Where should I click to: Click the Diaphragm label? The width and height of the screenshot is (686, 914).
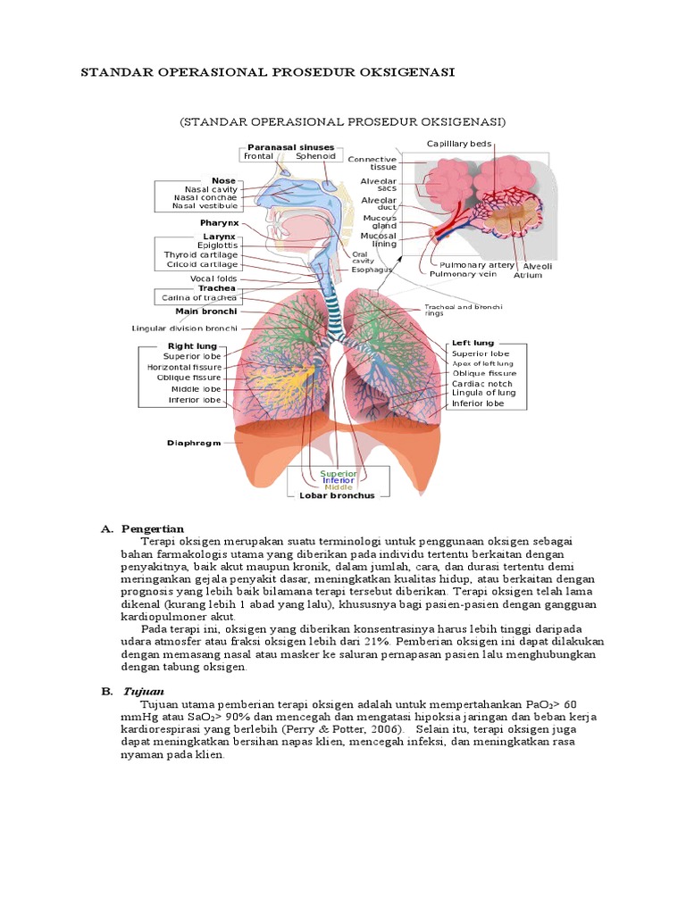194,443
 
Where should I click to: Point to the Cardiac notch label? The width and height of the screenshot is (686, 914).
482,384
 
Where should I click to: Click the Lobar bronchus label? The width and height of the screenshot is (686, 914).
338,495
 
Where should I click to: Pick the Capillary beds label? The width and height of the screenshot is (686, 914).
458,143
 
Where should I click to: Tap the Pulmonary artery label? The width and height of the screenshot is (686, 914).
477,265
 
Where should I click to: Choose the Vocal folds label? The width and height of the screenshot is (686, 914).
214,278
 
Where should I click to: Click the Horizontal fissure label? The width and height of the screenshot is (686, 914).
184,367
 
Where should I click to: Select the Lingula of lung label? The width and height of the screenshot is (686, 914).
483,393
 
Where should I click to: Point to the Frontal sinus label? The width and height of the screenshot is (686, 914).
259,155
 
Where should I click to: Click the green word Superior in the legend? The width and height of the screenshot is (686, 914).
339,473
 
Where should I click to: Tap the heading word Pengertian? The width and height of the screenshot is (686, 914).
154,529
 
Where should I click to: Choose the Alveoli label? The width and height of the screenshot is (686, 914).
538,266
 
